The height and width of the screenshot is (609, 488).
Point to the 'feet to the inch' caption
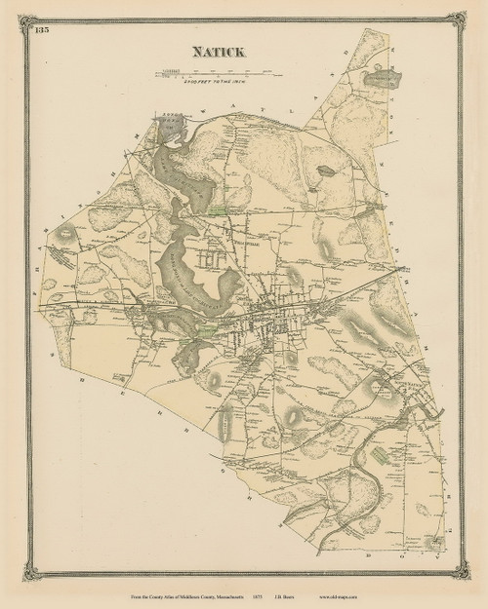(x=210, y=84)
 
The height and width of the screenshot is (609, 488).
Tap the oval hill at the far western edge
(x=65, y=234)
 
